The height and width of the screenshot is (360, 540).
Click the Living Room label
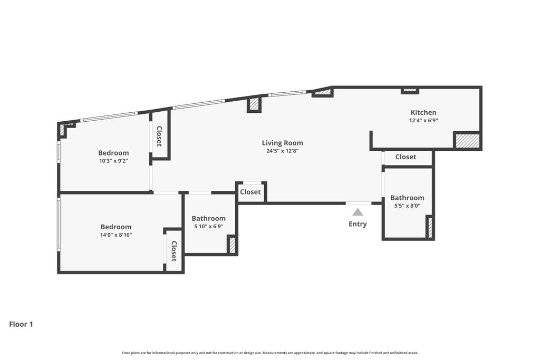[x=283, y=143]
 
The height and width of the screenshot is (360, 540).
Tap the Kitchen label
[x=423, y=112]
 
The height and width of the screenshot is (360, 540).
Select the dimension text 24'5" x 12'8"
[x=283, y=151]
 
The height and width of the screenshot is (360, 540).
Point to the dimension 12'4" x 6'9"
[x=423, y=121]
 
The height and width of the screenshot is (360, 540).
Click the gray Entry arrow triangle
[x=358, y=212]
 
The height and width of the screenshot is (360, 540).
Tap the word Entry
[x=358, y=224]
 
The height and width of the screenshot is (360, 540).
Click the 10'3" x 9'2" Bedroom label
[x=113, y=153]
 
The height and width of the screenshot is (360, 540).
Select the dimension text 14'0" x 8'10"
[x=116, y=235]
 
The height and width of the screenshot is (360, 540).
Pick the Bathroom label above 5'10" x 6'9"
[x=209, y=218]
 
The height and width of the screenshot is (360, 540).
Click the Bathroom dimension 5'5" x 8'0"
[x=407, y=206]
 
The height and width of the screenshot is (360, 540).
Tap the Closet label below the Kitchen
[x=406, y=157]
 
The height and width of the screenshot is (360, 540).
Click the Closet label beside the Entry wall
[x=250, y=192]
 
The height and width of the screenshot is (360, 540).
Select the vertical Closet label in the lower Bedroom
[x=174, y=251]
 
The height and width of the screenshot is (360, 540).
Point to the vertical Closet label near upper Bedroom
[x=159, y=137]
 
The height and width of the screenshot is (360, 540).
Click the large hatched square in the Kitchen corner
[x=467, y=141]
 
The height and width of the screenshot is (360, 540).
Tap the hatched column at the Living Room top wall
[x=254, y=104]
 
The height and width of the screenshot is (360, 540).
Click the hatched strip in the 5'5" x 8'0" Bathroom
[x=430, y=227]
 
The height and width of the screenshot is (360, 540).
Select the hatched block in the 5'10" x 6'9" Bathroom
[x=233, y=245]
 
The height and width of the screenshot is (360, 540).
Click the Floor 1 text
[x=21, y=324]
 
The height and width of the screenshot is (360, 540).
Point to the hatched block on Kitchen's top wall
[x=410, y=90]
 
